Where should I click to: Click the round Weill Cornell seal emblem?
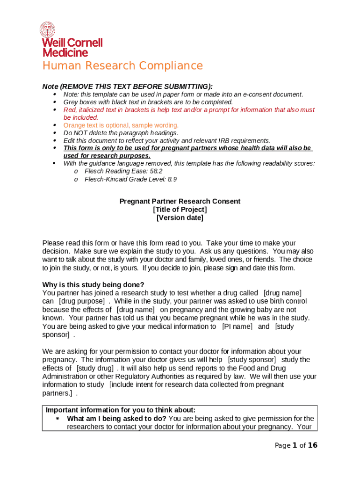click(47, 30)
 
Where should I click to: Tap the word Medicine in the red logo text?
click(65, 52)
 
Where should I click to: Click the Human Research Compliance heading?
click(122, 66)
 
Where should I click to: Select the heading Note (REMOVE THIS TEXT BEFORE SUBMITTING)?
click(127, 87)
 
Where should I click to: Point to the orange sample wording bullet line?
click(121, 125)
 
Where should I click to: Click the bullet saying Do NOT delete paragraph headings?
click(121, 133)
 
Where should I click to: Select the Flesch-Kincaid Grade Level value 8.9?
click(172, 179)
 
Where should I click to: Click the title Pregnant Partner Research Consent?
click(180, 201)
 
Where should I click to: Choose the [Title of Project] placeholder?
click(180, 210)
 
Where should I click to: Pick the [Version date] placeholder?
click(180, 218)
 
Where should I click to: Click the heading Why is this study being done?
click(93, 285)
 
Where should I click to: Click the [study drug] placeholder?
click(95, 368)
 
